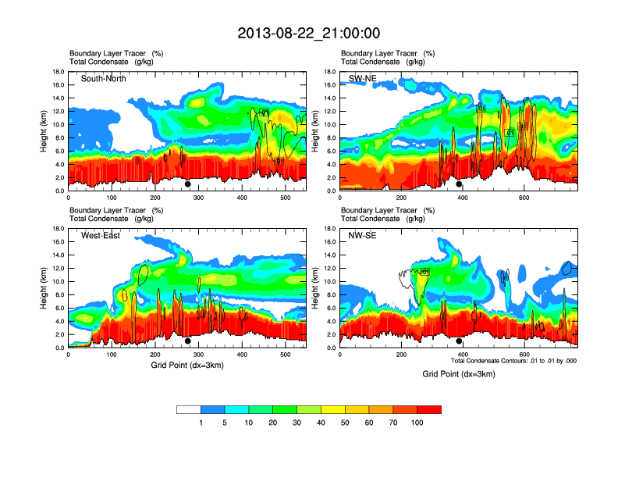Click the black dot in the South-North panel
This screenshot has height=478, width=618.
pos(187,184)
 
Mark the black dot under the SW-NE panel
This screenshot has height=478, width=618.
pos(459,184)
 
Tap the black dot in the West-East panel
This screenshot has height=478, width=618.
pos(187,341)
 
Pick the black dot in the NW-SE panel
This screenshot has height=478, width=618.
pos(459,341)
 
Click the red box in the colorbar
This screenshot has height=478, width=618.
pos(429,409)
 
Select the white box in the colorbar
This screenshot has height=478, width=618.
pos(189,409)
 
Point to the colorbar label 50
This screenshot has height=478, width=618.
pos(345,423)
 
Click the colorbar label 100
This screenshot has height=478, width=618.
pos(417,423)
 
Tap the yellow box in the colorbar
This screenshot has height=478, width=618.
pos(333,409)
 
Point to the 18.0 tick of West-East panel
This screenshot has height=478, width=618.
pos(58,229)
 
